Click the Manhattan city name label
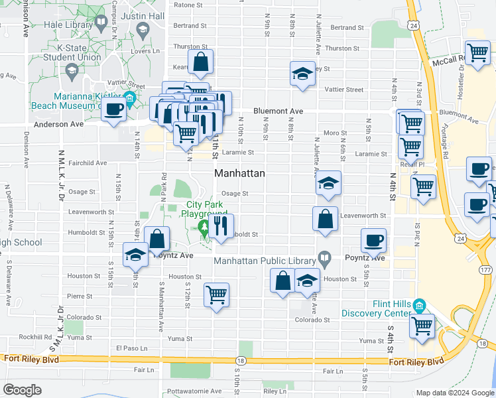(239, 173)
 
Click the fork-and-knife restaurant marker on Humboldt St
(221, 227)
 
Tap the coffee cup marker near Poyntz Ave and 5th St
(374, 241)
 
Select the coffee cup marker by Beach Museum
(113, 109)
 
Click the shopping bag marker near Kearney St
(200, 62)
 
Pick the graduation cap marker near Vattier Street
(302, 74)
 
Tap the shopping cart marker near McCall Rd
(477, 53)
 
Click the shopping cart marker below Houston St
(216, 295)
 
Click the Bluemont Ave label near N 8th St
(278, 111)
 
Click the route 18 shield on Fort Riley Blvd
(239, 361)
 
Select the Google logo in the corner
(22, 390)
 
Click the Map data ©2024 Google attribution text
(455, 393)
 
